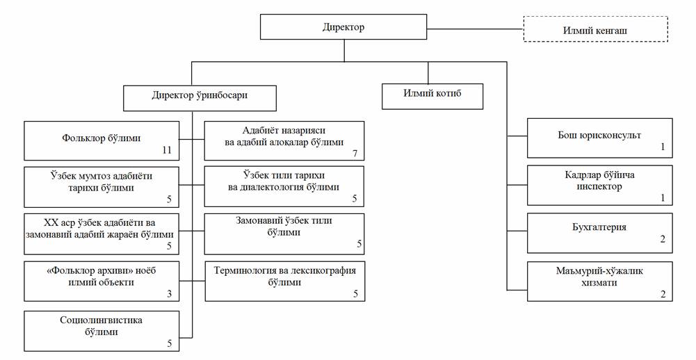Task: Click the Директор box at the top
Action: click(x=343, y=28)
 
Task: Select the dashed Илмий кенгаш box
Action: click(x=595, y=30)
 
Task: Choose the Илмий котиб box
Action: click(x=432, y=96)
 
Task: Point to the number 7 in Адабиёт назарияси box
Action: click(x=355, y=152)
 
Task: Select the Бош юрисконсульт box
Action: click(x=599, y=139)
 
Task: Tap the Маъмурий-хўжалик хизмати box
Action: click(x=599, y=281)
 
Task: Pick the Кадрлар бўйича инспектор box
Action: click(x=599, y=185)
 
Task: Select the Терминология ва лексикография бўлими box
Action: click(x=284, y=281)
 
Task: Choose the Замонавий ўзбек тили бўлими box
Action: click(x=284, y=233)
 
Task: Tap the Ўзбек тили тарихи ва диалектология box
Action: click(x=284, y=186)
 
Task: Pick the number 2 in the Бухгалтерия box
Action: click(x=663, y=239)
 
